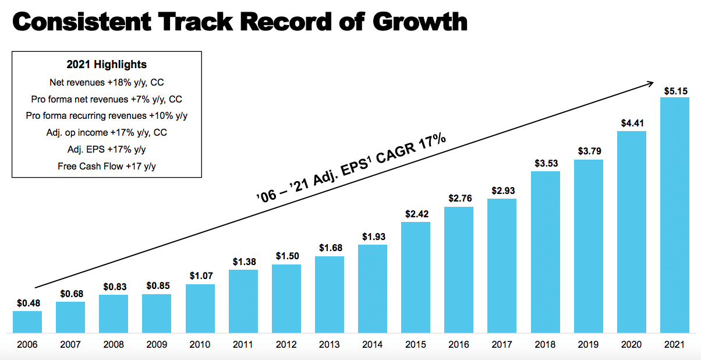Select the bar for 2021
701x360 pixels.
674,216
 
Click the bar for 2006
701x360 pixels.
27,322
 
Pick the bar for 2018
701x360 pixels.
545,252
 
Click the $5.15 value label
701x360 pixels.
675,91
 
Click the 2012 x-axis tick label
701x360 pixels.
286,344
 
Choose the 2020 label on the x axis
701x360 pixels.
631,344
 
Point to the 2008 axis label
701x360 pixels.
114,344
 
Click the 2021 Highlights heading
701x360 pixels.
107,65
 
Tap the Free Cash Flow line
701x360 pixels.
107,166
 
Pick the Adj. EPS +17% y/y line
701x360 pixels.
107,149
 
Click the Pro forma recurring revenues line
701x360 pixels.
107,116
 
